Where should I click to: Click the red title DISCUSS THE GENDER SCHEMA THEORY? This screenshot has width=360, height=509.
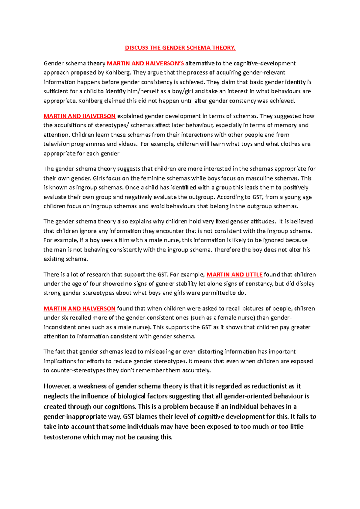tap(180, 48)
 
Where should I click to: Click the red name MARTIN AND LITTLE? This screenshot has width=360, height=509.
tap(234, 274)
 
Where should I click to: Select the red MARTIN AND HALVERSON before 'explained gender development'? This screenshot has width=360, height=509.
tap(79, 116)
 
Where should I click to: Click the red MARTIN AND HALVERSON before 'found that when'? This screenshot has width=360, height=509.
tap(79, 308)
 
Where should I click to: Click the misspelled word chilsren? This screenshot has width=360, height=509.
tap(304, 308)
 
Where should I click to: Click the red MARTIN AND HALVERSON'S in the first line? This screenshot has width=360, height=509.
tap(146, 63)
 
